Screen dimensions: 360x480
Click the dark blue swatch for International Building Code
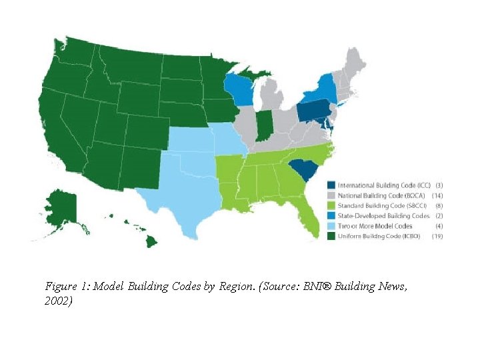[x=331, y=185]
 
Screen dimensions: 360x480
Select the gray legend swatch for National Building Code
[x=331, y=195]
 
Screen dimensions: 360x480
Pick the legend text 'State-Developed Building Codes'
[x=383, y=216]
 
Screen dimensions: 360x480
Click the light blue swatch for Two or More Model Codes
[x=331, y=226]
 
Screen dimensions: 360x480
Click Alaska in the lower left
[x=63, y=207]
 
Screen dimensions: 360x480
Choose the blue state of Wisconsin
[x=237, y=91]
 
